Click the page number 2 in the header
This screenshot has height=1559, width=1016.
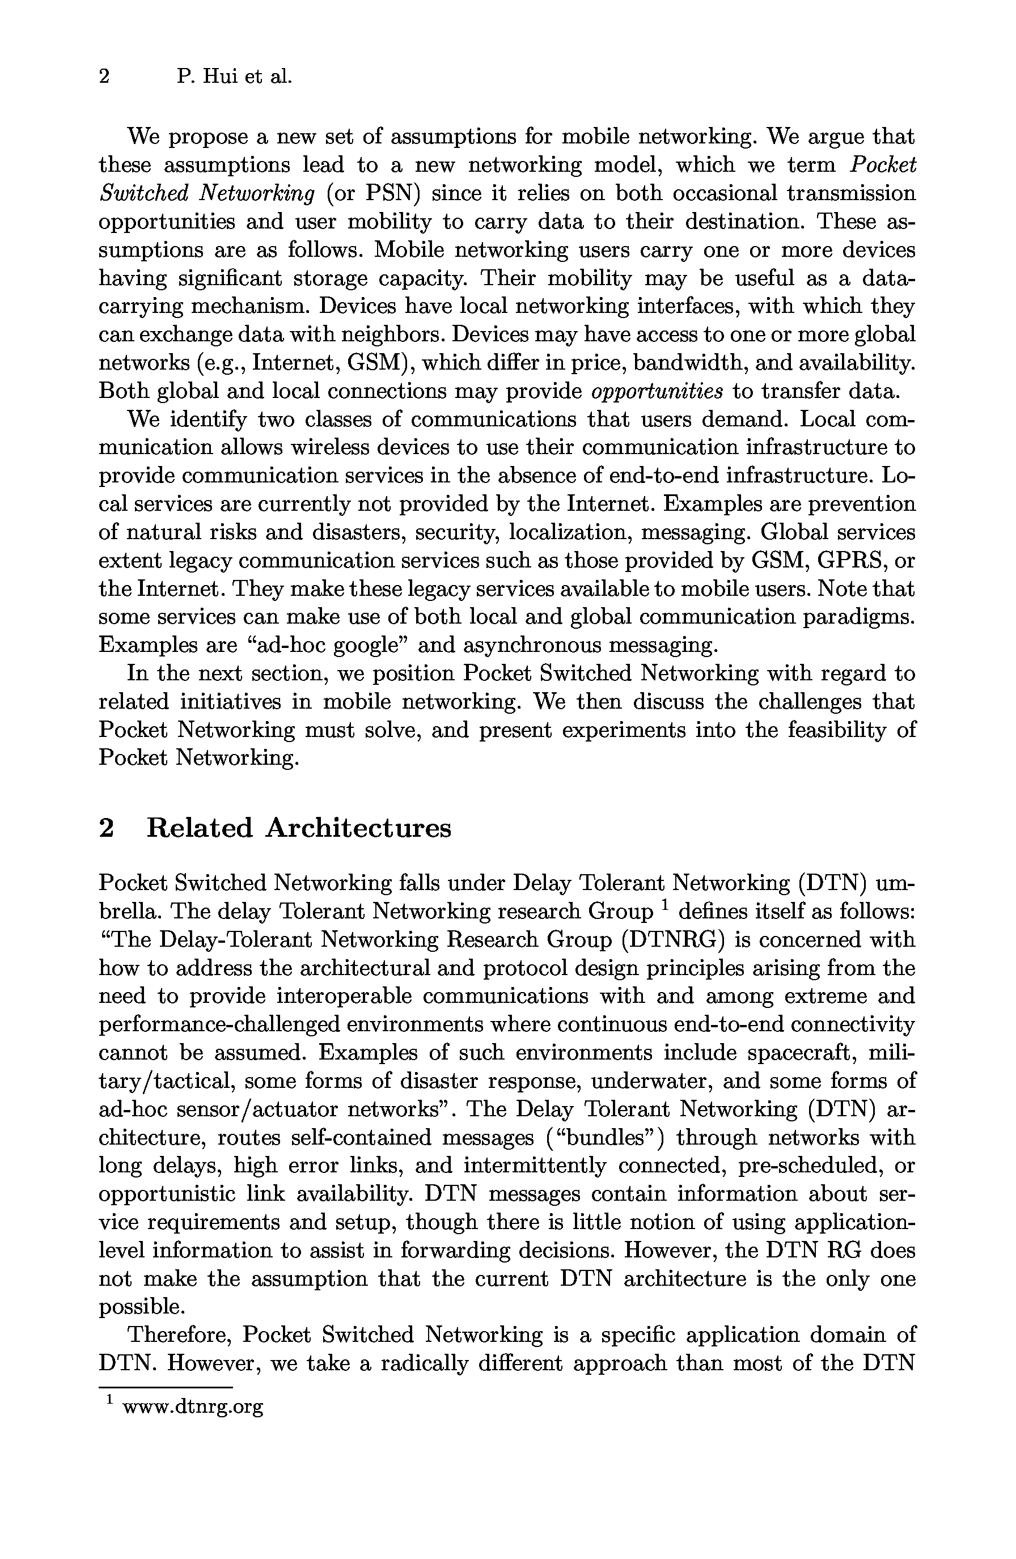click(104, 77)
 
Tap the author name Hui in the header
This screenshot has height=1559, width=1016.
click(219, 77)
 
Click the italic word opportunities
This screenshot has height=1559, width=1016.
click(657, 392)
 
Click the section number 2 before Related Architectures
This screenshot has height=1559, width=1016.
click(106, 829)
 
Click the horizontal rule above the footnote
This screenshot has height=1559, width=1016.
click(165, 1387)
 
